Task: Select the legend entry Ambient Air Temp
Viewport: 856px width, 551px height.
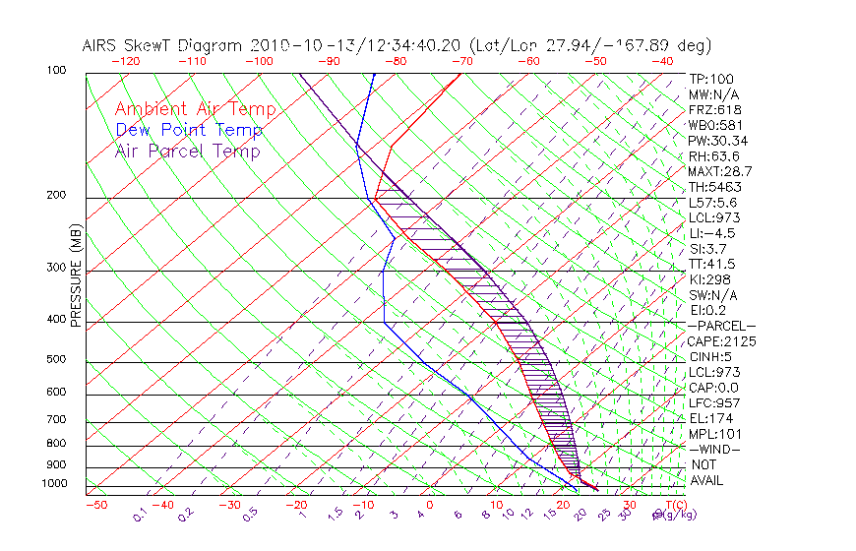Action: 195,109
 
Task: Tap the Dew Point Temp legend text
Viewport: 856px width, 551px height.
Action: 188,130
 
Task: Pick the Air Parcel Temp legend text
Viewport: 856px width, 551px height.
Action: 187,151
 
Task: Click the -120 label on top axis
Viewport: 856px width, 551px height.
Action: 125,61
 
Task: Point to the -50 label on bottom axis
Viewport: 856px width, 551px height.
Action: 95,505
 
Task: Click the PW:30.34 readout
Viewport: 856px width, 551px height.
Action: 717,141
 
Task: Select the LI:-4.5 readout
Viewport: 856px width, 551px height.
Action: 711,233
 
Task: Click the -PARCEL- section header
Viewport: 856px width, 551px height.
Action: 721,326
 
